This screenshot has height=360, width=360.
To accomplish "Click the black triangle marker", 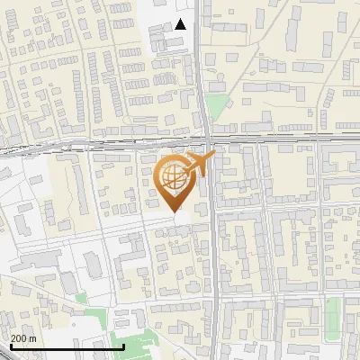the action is coord(181,24).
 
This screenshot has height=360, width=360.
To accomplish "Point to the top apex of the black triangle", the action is coord(181,19).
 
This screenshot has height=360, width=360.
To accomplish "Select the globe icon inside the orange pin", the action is coord(174,175).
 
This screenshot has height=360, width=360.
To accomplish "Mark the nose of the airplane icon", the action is coord(213,155).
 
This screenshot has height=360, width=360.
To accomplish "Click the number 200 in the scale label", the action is coord(20,338).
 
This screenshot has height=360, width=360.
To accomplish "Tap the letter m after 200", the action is coord(34,338).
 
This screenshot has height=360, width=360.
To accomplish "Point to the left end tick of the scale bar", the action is coord(11,346).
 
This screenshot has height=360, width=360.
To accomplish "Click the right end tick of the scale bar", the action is coord(123,346).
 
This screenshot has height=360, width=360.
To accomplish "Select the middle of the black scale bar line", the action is coord(67,347).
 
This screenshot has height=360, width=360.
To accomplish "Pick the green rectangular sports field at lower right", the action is coord(333,316).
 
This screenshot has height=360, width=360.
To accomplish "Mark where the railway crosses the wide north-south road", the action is coord(206,141).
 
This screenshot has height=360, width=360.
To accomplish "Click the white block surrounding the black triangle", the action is coord(171,36).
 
